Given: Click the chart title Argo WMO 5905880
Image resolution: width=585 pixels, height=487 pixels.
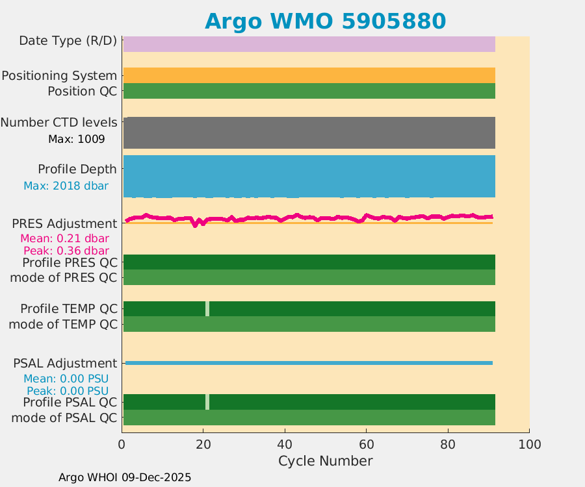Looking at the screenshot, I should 325,21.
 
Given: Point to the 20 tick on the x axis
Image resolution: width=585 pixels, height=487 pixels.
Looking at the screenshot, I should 203,445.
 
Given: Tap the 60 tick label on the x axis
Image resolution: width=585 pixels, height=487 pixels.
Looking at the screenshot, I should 366,445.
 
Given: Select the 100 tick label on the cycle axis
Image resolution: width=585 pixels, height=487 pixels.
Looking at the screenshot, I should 529,445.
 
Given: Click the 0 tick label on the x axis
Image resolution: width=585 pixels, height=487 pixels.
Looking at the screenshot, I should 122,445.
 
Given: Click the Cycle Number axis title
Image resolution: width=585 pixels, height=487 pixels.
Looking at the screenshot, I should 325,461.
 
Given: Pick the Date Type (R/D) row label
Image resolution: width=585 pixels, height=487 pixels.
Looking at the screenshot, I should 68,41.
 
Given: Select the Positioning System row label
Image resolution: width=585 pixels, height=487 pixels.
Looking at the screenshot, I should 59,76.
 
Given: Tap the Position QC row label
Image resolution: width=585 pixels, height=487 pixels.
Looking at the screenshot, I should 83,92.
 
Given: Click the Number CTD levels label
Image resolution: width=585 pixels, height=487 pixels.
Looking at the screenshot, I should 59,123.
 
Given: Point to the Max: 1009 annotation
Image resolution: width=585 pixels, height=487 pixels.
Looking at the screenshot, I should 76,139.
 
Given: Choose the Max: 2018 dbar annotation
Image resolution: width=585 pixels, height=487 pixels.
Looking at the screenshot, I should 66,186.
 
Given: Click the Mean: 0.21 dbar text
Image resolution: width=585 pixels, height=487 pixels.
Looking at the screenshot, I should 65,238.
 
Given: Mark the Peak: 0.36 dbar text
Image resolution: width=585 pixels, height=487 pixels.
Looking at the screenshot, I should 66,251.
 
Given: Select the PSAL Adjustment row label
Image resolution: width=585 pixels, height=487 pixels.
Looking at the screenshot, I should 66,364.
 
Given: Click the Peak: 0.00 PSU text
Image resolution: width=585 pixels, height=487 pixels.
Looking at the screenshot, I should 68,391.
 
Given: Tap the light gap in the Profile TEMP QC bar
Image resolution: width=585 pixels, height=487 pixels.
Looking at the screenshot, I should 207,309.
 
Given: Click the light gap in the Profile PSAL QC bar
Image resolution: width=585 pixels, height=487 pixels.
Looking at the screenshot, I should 207,402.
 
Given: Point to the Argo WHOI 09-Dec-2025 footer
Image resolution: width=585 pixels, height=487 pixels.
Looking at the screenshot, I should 125,477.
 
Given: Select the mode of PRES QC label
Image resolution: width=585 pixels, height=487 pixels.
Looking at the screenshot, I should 64,278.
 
